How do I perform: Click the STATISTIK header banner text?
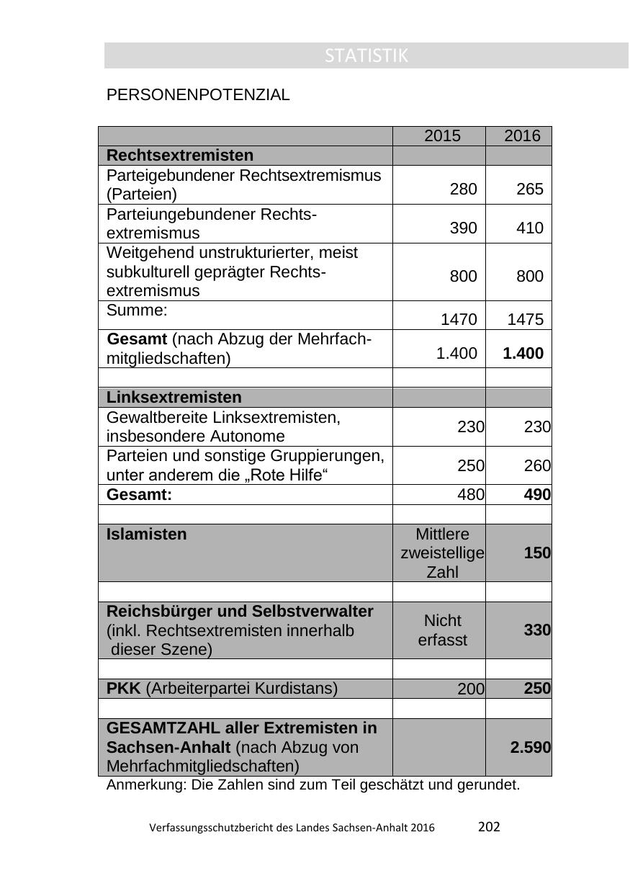tap(366, 55)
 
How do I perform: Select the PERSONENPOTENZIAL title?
tap(198, 95)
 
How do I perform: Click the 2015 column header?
tap(442, 136)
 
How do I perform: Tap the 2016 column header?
tap(522, 136)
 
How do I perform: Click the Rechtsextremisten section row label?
tap(180, 156)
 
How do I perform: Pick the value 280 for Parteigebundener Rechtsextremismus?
tap(463, 189)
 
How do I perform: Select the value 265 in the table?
tap(529, 189)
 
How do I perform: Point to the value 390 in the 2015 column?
tap(463, 228)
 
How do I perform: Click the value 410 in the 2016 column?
tap(529, 228)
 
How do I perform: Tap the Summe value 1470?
tap(459, 320)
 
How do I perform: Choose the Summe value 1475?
tap(525, 320)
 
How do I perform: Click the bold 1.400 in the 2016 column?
tap(523, 353)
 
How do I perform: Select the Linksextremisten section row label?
tap(174, 398)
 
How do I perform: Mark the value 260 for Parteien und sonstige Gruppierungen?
tap(537, 466)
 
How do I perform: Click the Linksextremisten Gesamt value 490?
tap(537, 495)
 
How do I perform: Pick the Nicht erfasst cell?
tap(442, 630)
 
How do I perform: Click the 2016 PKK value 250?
tap(537, 689)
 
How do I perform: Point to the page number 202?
tap(489, 827)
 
